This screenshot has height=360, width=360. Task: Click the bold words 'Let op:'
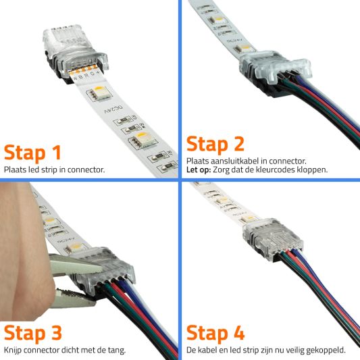pos(199,170)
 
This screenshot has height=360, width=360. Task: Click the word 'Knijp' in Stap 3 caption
pos(14,350)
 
